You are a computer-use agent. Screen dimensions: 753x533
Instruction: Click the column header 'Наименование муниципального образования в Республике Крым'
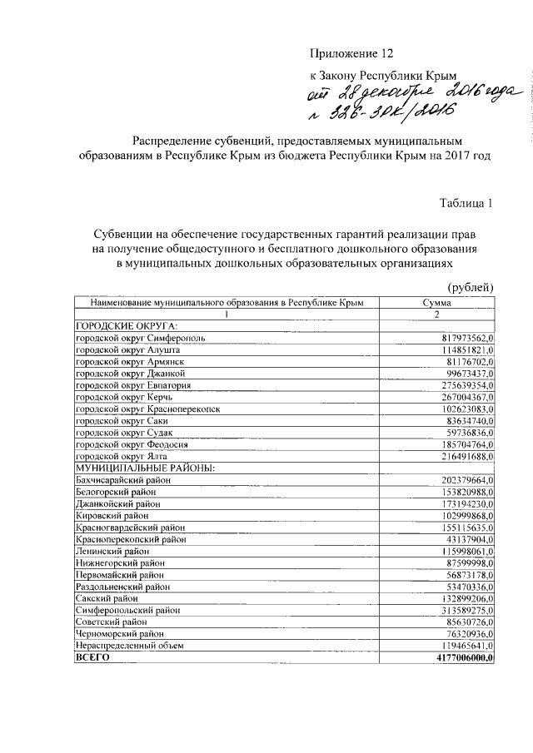point(225,304)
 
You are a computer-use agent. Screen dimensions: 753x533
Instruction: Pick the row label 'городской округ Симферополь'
point(140,339)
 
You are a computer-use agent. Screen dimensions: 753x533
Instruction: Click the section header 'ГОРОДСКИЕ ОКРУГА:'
point(127,327)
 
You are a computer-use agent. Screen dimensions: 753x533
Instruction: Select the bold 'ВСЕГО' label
point(92,657)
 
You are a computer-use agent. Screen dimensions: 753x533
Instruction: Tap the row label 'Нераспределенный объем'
point(129,645)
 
